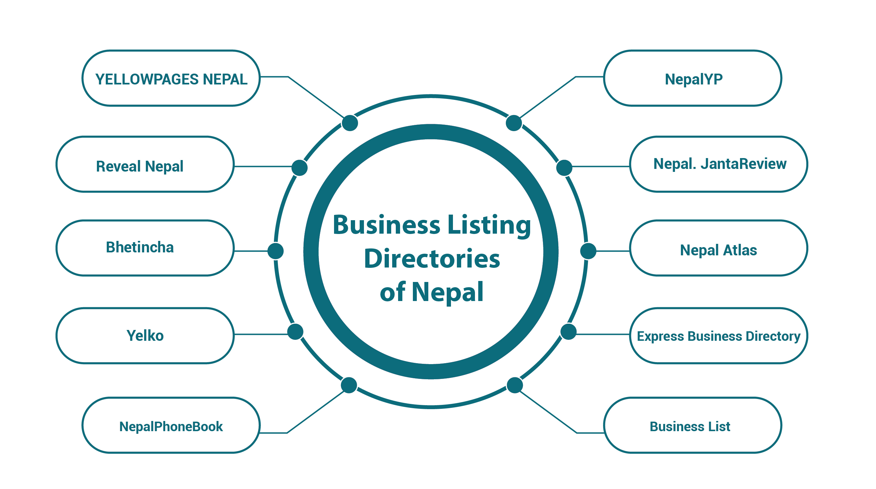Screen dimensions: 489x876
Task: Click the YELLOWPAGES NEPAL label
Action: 171,79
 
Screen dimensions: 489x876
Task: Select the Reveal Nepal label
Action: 139,166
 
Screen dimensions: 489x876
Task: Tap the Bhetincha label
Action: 139,247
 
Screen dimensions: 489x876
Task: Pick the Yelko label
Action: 145,336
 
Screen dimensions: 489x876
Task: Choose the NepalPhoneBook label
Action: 171,426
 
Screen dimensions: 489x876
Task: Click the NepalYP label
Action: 693,79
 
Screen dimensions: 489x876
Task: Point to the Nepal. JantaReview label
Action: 720,164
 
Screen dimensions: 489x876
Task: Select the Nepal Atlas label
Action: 718,250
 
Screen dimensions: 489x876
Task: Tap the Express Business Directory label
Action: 718,336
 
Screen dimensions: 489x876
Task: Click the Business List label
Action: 690,426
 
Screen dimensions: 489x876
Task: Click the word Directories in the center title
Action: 432,259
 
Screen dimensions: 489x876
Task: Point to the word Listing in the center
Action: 489,225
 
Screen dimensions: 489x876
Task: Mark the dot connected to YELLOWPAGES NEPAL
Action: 349,123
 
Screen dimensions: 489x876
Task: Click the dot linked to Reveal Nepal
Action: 299,168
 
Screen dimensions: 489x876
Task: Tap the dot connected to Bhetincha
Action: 276,251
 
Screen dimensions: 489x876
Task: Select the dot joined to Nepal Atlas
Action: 588,251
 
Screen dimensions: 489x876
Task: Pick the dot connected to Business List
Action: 514,385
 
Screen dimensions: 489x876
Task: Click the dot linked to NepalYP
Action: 513,123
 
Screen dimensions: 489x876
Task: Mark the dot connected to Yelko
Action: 295,332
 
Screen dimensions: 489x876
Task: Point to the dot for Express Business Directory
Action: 568,332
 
